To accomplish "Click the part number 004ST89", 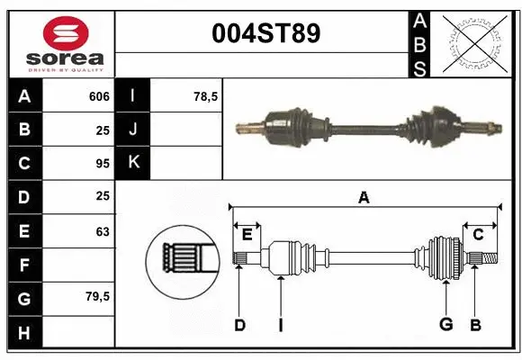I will tap(264, 33).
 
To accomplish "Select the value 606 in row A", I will tap(99, 96).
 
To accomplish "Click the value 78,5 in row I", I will tap(207, 96).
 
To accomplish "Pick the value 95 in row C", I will tap(103, 164).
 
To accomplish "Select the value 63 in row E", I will tap(103, 231).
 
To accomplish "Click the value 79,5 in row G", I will tap(98, 296).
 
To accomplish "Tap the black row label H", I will tap(23, 332).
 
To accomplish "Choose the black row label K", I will tap(133, 163).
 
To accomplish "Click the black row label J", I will tap(133, 130).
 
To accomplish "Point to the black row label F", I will tap(23, 265).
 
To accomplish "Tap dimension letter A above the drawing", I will tap(364, 198).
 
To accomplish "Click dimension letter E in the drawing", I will tap(247, 234).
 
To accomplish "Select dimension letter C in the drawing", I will tap(479, 234).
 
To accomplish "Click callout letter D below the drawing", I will tap(239, 325).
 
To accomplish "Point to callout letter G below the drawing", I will tap(445, 325).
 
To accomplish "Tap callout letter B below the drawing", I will tap(476, 325).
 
